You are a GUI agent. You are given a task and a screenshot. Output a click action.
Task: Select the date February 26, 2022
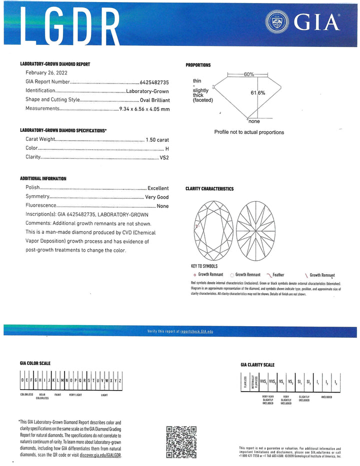click(x=46, y=72)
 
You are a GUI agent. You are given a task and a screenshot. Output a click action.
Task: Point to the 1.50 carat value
click(x=157, y=139)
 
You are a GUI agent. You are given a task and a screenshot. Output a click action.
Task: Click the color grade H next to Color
click(x=167, y=148)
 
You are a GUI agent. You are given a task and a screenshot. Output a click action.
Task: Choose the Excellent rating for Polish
click(x=158, y=188)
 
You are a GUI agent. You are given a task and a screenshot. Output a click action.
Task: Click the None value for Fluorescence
click(x=162, y=206)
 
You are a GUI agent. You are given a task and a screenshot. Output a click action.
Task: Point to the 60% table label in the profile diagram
click(x=249, y=74)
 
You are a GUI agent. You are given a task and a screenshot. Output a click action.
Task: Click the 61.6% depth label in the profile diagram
click(x=258, y=93)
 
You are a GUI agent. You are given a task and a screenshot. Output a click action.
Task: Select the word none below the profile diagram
click(x=254, y=121)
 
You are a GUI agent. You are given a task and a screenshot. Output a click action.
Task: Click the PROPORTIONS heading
click(x=198, y=65)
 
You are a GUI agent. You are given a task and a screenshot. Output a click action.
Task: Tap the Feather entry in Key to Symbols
click(x=288, y=275)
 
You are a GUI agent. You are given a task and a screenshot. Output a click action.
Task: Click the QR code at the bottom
click(x=181, y=442)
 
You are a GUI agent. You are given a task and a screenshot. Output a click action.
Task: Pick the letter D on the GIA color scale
click(x=21, y=380)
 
